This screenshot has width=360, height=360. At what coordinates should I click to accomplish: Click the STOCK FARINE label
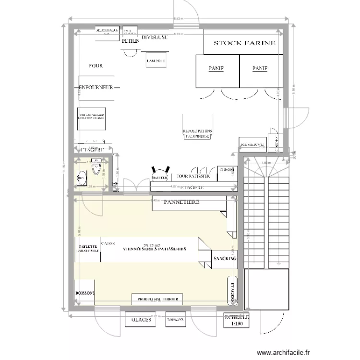pyautogui.click(x=244, y=43)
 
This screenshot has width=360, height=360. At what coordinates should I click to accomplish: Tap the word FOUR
pyautogui.click(x=96, y=66)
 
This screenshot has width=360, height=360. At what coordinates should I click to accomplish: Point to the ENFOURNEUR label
pyautogui.click(x=96, y=88)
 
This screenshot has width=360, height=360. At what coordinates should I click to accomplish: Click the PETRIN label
pyautogui.click(x=130, y=42)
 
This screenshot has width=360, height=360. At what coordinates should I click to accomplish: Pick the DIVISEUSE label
pyautogui.click(x=154, y=37)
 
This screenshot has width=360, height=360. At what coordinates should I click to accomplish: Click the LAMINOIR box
pyautogui.click(x=156, y=60)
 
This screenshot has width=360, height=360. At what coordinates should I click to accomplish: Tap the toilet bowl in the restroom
pyautogui.click(x=97, y=168)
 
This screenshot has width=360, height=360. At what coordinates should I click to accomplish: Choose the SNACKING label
pyautogui.click(x=225, y=259)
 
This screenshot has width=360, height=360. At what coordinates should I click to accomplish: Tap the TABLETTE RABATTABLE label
pyautogui.click(x=87, y=247)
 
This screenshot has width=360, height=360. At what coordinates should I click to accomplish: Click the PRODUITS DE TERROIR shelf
pyautogui.click(x=157, y=300)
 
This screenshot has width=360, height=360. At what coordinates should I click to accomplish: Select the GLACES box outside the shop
pyautogui.click(x=141, y=320)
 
